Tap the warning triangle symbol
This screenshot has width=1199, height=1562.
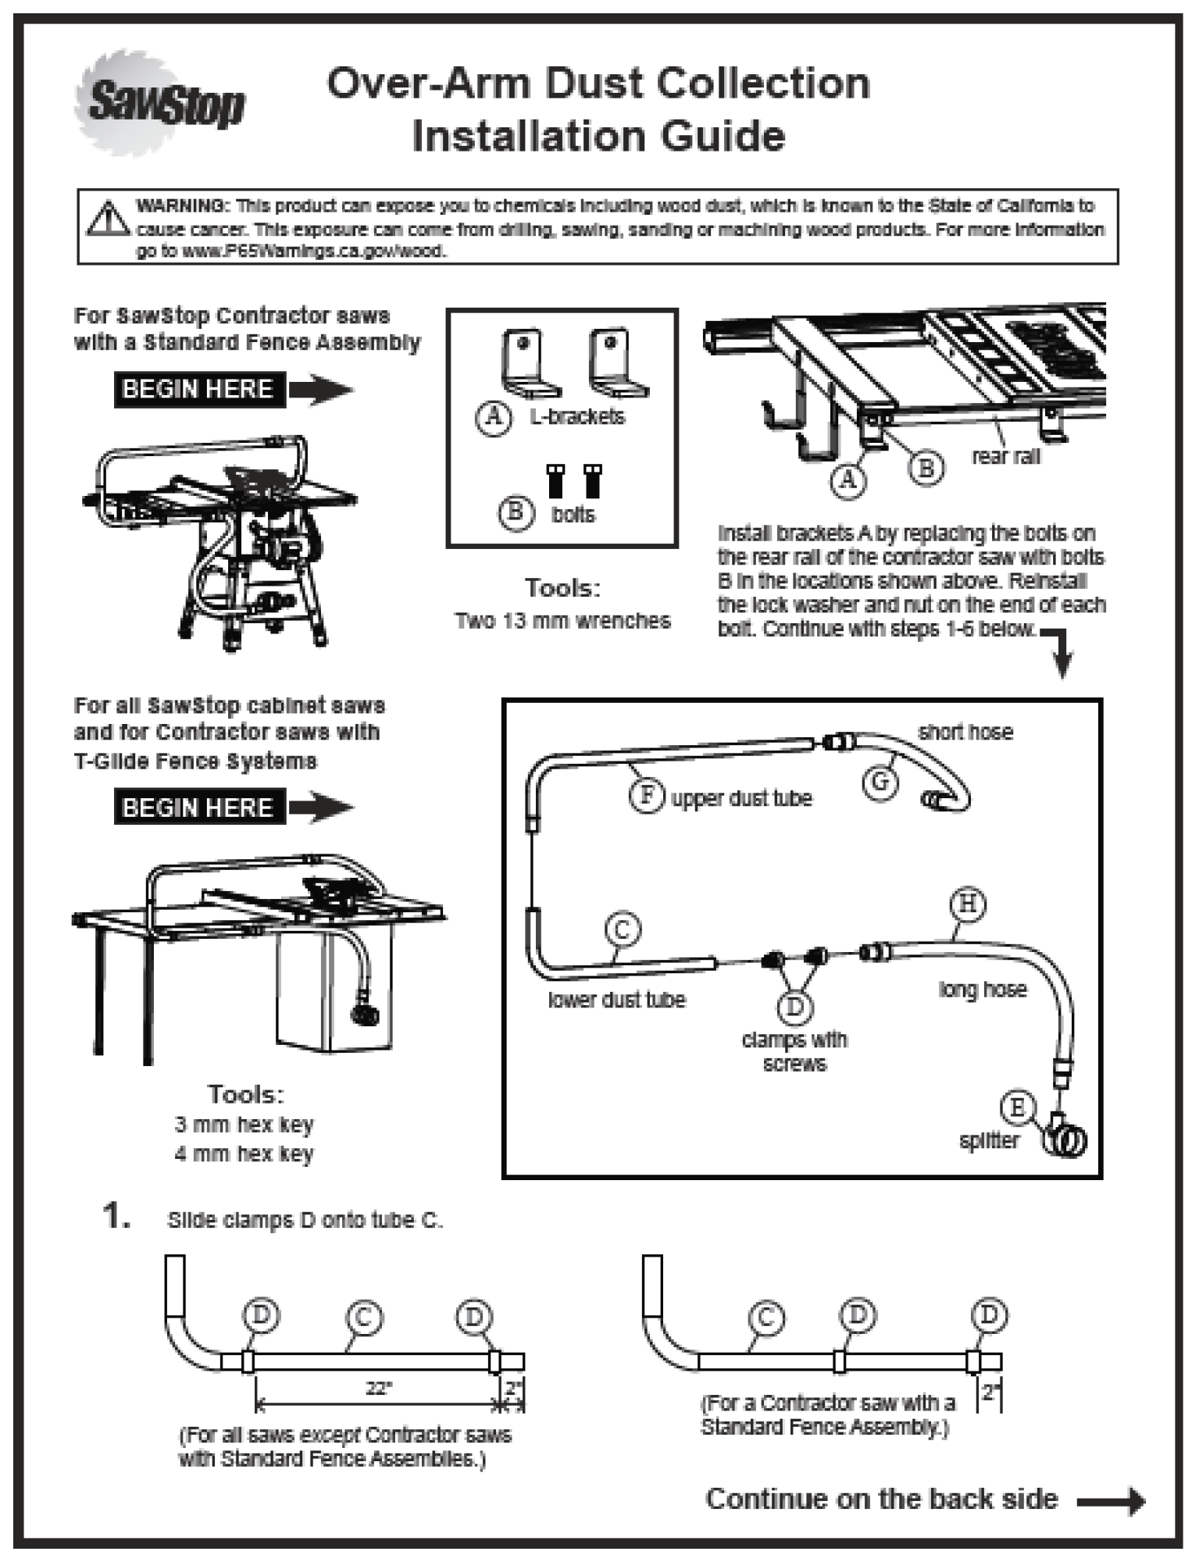pyautogui.click(x=108, y=219)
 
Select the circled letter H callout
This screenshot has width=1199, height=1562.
pyautogui.click(x=968, y=904)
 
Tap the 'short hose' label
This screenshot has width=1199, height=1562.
pyautogui.click(x=965, y=733)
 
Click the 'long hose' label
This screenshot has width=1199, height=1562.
pyautogui.click(x=983, y=990)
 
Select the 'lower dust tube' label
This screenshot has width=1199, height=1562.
pyautogui.click(x=616, y=1000)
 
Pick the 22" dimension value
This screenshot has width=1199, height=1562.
pyautogui.click(x=379, y=1388)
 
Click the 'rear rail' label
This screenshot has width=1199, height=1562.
pyautogui.click(x=1005, y=457)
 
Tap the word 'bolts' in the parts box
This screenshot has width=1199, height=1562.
pyautogui.click(x=573, y=514)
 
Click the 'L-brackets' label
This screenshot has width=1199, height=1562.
pyautogui.click(x=577, y=416)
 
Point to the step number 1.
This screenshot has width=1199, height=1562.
pyautogui.click(x=116, y=1216)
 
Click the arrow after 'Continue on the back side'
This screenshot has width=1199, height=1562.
pyautogui.click(x=1111, y=1500)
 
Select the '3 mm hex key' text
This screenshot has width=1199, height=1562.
pyautogui.click(x=244, y=1125)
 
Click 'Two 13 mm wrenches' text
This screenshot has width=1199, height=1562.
pyautogui.click(x=562, y=621)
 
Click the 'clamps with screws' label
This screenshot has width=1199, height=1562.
pyautogui.click(x=794, y=1051)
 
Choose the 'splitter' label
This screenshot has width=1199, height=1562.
pyautogui.click(x=989, y=1140)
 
